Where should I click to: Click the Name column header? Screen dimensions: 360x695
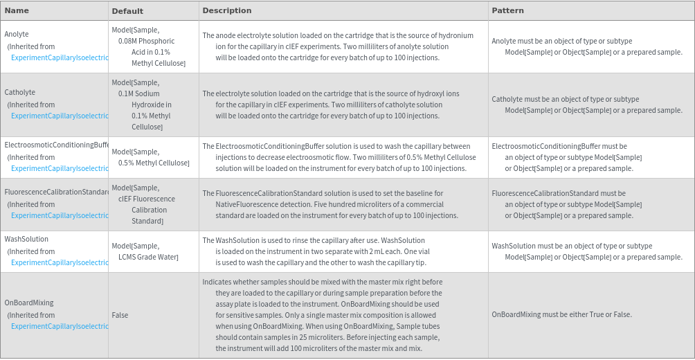coord(17,10)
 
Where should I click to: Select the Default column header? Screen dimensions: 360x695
coord(127,11)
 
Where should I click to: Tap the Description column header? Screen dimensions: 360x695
coord(227,10)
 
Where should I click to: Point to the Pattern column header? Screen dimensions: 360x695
coord(507,10)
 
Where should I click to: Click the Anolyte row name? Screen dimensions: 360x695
coord(17,34)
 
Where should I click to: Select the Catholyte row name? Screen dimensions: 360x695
coord(19,92)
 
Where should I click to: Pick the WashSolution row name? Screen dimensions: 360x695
coord(26,239)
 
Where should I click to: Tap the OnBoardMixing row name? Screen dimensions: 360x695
coord(28,303)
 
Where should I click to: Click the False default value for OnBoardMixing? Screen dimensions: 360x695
coord(120,315)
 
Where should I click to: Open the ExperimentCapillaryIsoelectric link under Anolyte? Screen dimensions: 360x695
coord(60,57)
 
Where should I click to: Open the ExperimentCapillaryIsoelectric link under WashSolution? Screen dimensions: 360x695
coord(60,262)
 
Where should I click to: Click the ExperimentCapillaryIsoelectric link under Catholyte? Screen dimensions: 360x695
coord(60,116)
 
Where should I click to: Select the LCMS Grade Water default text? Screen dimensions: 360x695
coord(148,257)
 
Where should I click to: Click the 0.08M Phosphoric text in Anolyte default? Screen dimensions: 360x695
coord(146,41)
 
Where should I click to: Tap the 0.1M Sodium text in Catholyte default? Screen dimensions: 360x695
coord(138,93)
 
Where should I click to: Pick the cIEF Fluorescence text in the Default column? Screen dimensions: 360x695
coord(146,199)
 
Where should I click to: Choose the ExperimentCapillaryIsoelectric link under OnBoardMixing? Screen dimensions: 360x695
coord(60,326)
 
